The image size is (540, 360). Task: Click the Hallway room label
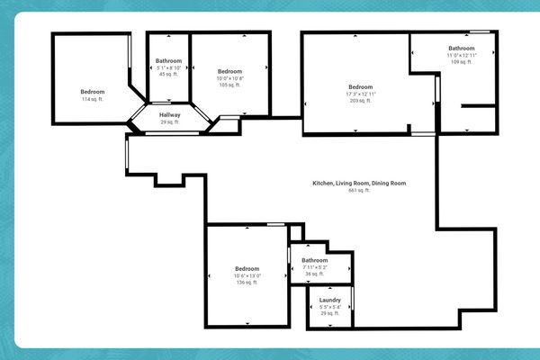tap(170, 115)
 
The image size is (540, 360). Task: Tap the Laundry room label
tap(329, 300)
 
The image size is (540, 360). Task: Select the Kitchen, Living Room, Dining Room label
tap(359, 184)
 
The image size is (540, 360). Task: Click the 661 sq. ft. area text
tap(359, 191)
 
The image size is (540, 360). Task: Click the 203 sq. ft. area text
tap(360, 101)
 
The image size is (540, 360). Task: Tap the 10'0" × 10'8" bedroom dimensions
tap(229, 78)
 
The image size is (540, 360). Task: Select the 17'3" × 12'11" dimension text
tap(360, 94)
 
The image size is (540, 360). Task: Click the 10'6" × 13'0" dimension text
tap(247, 275)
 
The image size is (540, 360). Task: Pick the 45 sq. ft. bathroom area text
tap(168, 75)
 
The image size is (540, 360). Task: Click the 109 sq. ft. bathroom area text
tap(462, 62)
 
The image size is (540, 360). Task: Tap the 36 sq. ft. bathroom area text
tap(315, 274)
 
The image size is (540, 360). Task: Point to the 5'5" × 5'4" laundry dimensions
tap(329, 306)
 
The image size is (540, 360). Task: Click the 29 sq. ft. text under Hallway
tap(170, 121)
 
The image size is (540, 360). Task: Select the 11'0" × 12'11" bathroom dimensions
tap(462, 56)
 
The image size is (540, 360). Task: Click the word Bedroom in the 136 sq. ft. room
tap(247, 268)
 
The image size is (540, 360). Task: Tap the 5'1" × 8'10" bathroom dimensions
tap(168, 67)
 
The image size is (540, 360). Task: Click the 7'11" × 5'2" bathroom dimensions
tap(315, 267)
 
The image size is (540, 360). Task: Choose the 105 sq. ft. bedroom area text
tap(229, 85)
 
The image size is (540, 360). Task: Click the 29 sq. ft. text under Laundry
tap(329, 313)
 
